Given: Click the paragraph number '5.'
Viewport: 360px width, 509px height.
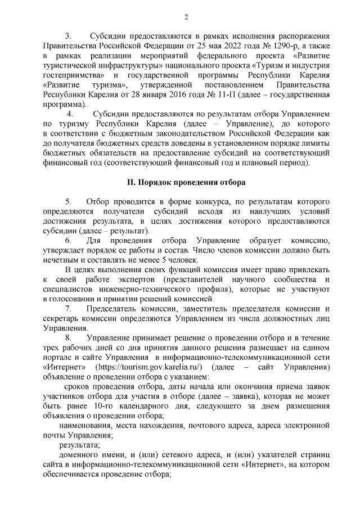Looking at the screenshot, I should pos(69,201).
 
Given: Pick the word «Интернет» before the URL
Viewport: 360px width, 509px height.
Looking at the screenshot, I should pos(63,367).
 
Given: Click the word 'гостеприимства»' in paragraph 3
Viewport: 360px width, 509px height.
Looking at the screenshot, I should pos(74,75).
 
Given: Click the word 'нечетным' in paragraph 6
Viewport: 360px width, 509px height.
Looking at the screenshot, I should pos(61,259).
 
